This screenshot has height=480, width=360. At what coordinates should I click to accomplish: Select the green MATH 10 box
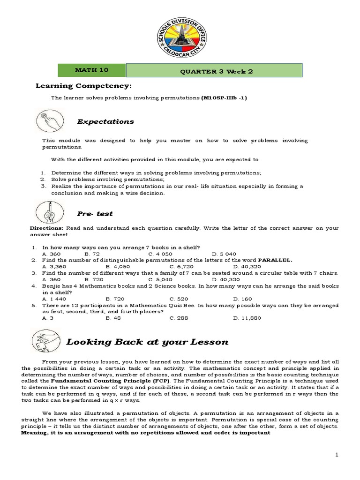[x=91, y=70]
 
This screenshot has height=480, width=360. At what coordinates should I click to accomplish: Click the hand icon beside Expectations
[x=49, y=121]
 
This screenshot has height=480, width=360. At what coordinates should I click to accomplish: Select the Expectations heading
[x=105, y=121]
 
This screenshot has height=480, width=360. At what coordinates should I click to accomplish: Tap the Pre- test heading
[x=95, y=214]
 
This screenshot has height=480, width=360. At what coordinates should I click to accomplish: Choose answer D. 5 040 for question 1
[x=244, y=254]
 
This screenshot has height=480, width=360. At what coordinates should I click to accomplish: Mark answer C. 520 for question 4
[x=178, y=298]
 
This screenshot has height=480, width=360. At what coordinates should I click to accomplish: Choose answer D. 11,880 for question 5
[x=247, y=318]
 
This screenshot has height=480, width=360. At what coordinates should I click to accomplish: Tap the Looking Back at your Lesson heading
[x=147, y=342]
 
